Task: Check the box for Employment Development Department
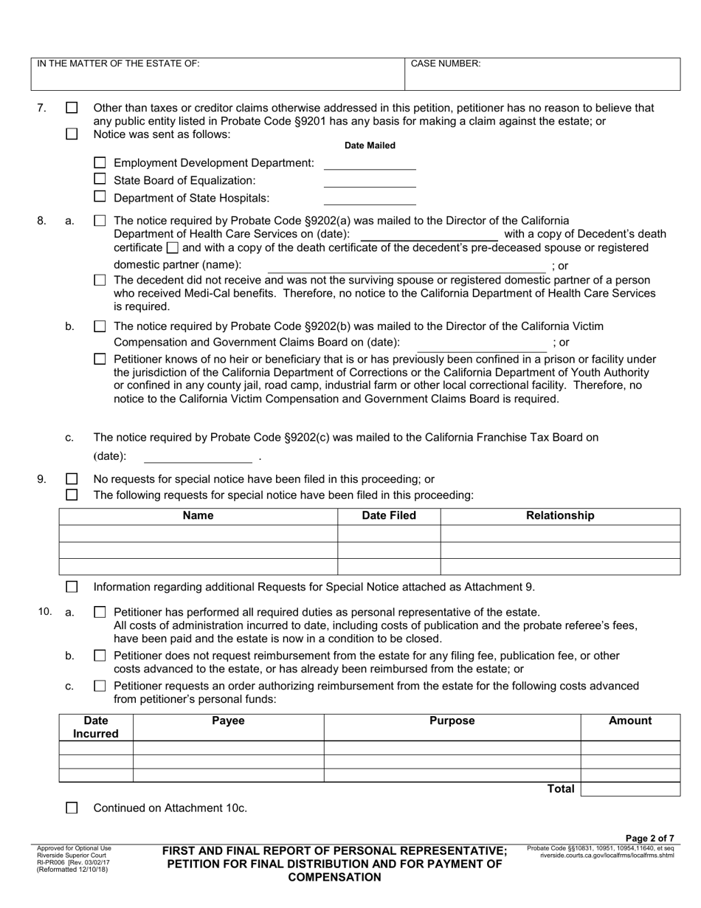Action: click(100, 162)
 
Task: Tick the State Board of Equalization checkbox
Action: click(100, 179)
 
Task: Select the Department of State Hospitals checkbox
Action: click(100, 196)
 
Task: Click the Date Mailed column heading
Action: click(370, 145)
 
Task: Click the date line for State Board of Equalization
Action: click(370, 182)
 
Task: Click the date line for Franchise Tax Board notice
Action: click(198, 457)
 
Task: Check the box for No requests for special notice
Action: click(72, 479)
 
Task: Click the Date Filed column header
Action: click(389, 516)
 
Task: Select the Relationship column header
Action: click(559, 516)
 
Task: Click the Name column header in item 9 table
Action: click(198, 516)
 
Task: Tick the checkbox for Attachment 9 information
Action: click(72, 587)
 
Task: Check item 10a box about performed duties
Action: click(100, 612)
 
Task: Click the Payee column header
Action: click(228, 721)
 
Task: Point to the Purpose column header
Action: click(452, 721)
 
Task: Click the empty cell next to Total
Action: click(630, 789)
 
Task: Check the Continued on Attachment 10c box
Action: click(72, 808)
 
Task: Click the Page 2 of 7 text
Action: click(649, 838)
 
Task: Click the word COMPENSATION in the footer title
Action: click(334, 877)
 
